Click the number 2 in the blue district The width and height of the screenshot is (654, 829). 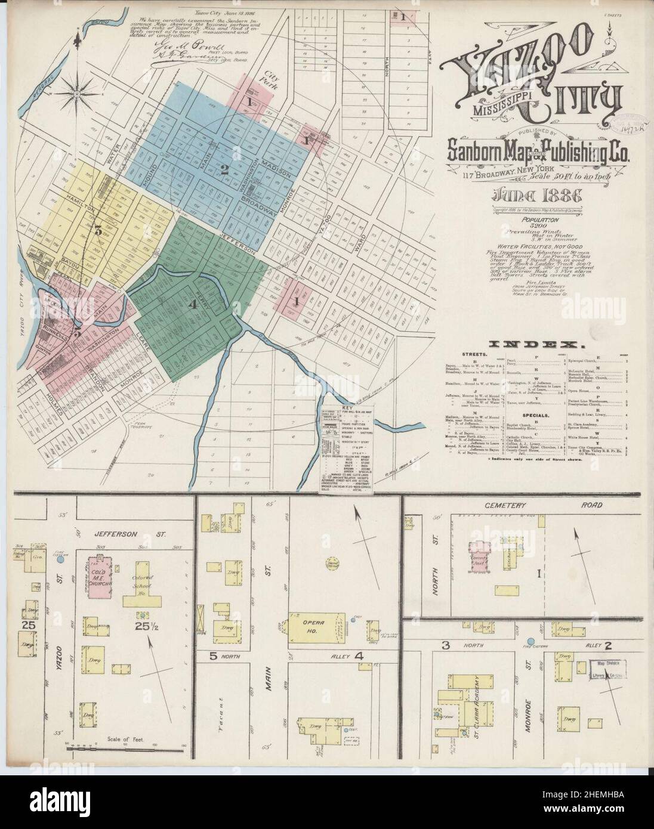tap(224, 170)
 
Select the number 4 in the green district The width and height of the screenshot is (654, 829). tap(191, 304)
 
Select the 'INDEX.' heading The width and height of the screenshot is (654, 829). tap(535, 345)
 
